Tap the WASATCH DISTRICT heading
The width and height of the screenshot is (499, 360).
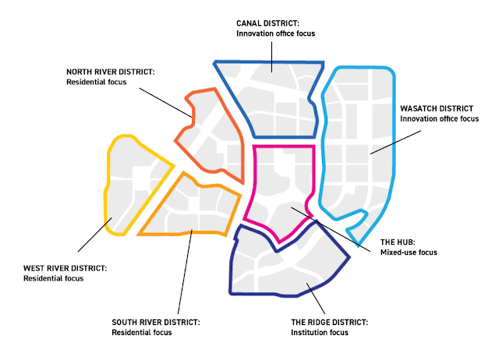tap(436, 108)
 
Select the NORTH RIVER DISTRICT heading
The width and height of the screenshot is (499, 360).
tap(111, 71)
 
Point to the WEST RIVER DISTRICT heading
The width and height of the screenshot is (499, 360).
tap(65, 267)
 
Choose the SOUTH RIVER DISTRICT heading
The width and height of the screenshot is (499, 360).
tap(156, 322)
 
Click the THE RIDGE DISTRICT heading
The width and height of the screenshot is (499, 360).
tap(328, 322)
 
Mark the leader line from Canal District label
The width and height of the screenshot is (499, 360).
tap(271, 55)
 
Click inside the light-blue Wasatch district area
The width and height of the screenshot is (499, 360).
tap(359, 140)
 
